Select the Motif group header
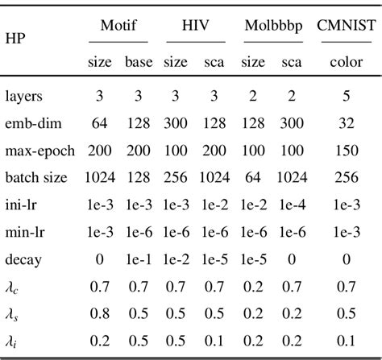[x=118, y=25]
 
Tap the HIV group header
[x=190, y=25]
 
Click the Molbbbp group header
[x=273, y=25]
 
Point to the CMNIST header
[x=347, y=25]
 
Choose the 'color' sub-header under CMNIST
[x=347, y=61]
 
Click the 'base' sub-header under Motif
[x=138, y=61]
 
